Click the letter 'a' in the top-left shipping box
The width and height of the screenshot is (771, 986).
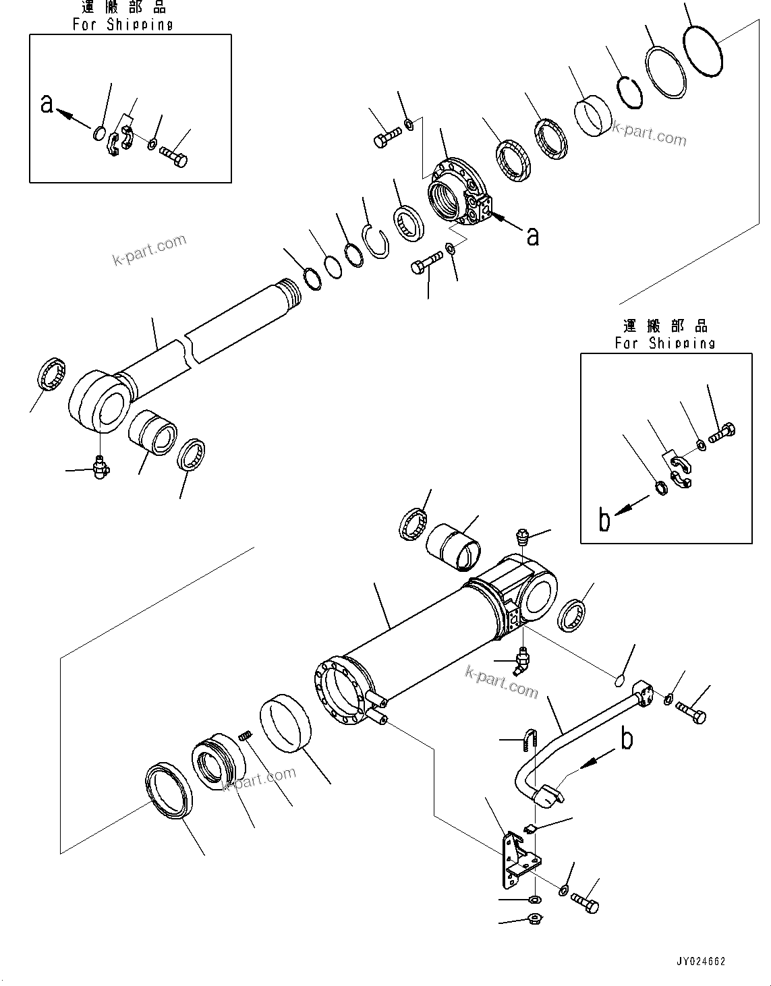coord(47,105)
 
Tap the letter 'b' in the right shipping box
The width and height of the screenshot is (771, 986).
coord(605,520)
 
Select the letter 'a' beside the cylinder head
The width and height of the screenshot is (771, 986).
coord(533,236)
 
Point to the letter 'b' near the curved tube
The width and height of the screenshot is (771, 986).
coord(627,739)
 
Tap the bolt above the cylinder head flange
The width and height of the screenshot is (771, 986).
coord(386,138)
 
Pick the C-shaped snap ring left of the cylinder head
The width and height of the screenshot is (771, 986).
coord(376,239)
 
